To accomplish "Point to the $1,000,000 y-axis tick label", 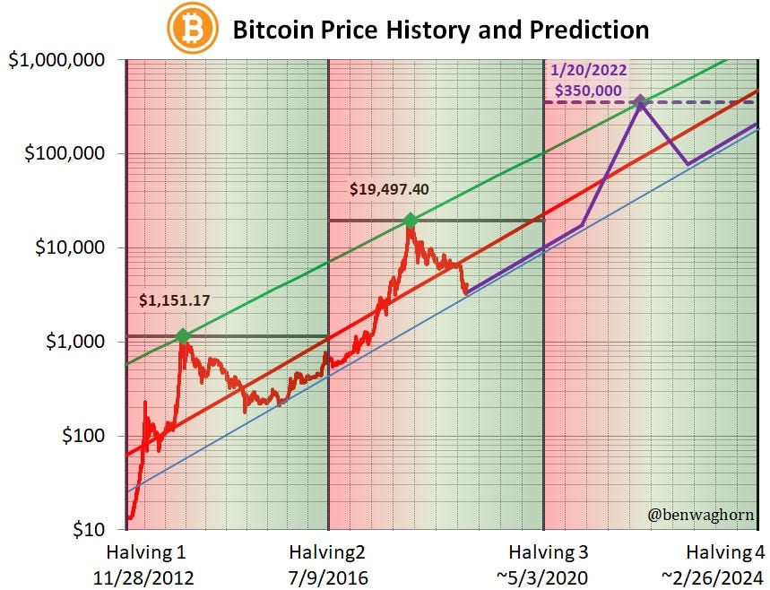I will [57, 60].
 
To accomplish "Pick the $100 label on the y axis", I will [81, 437].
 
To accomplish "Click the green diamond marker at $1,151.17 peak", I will [183, 336].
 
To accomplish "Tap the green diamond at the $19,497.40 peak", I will [410, 221].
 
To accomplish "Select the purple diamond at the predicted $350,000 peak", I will [640, 102].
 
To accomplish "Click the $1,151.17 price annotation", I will [174, 301].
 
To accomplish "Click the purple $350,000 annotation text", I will [588, 91].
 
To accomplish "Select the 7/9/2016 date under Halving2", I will [328, 576].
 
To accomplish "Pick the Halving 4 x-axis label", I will [726, 551].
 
